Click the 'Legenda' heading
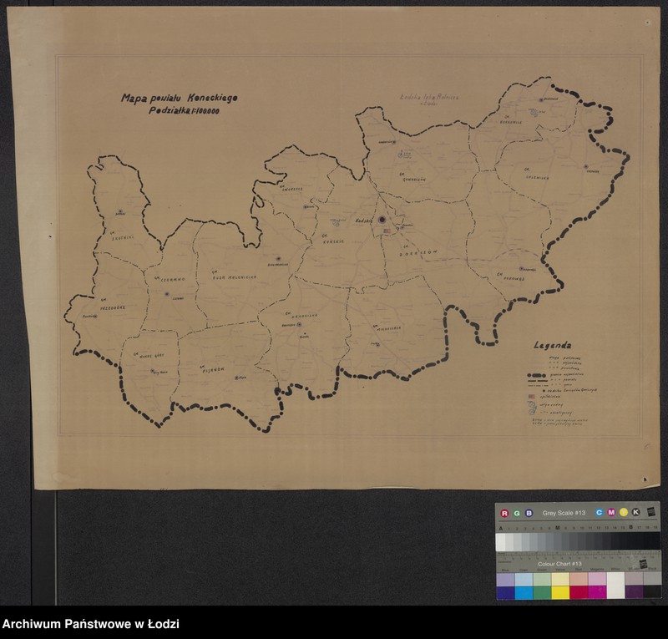(x=553, y=345)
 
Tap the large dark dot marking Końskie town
(x=382, y=220)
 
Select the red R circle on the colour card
(x=504, y=512)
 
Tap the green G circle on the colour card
(x=516, y=512)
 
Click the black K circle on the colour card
(x=635, y=512)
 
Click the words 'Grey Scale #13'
(x=564, y=512)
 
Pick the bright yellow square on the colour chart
(x=560, y=592)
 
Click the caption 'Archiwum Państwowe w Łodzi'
(x=91, y=624)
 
